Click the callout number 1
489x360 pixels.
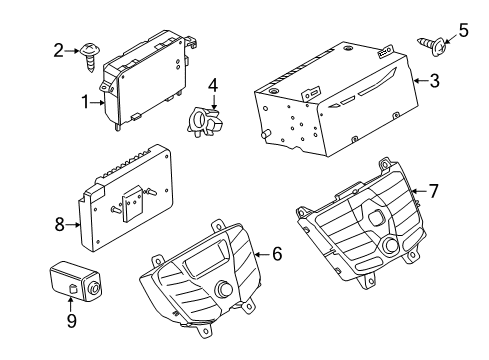point(88,100)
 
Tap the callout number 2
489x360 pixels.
point(58,49)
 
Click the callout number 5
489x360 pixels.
point(463,30)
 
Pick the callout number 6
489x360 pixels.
point(277,255)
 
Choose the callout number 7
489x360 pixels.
point(433,189)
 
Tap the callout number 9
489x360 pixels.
point(71,322)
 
